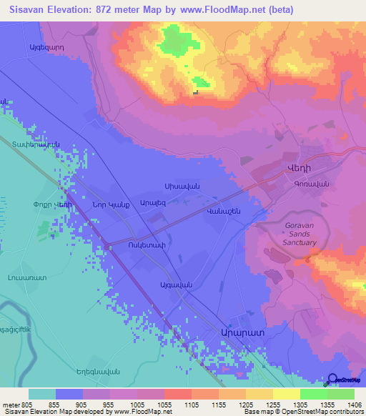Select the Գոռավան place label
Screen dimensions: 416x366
(x=311, y=184)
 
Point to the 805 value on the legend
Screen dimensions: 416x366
(x=27, y=404)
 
